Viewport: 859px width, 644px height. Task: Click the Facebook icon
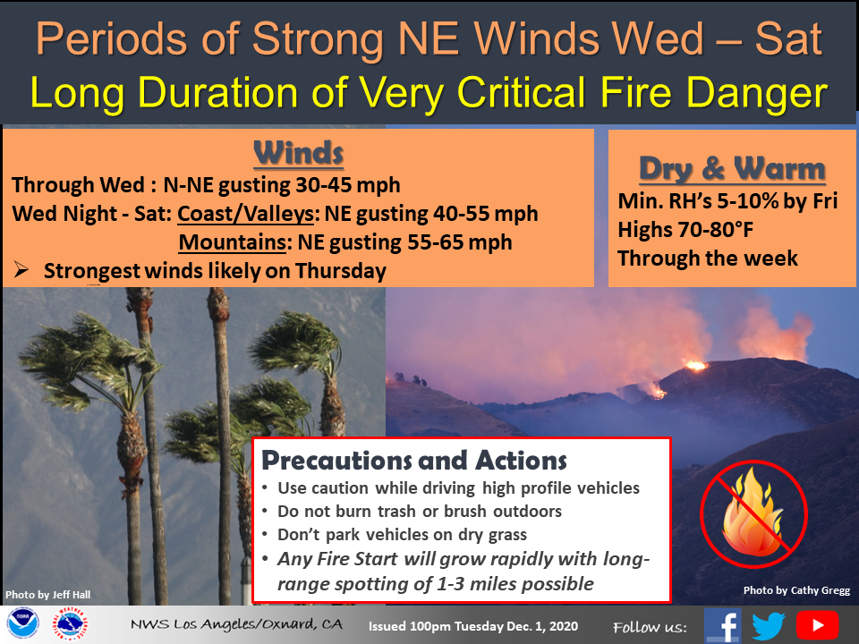coord(723,625)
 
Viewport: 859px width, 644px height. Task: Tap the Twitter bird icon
coord(768,625)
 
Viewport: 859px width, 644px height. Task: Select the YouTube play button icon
coord(817,625)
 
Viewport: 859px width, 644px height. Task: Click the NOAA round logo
coord(22,623)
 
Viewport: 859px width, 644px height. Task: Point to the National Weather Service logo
coord(70,623)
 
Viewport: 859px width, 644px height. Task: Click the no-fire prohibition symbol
coord(753,515)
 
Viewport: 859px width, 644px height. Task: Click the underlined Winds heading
coord(299,153)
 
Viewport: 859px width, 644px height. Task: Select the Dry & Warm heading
coord(732,168)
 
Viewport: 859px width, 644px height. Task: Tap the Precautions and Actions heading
coord(414,460)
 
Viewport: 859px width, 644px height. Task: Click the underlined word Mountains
coord(233,242)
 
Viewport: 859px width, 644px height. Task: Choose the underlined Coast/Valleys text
coord(245,214)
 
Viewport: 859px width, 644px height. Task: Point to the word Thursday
coord(341,271)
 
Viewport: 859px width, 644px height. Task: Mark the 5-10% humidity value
coord(748,201)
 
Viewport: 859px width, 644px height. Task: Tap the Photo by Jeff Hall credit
coord(47,595)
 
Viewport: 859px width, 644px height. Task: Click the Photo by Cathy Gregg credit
coord(796,590)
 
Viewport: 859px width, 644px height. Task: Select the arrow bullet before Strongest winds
coord(21,269)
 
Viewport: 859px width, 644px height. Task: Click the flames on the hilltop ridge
coord(696,365)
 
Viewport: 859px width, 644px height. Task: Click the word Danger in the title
coord(757,92)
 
